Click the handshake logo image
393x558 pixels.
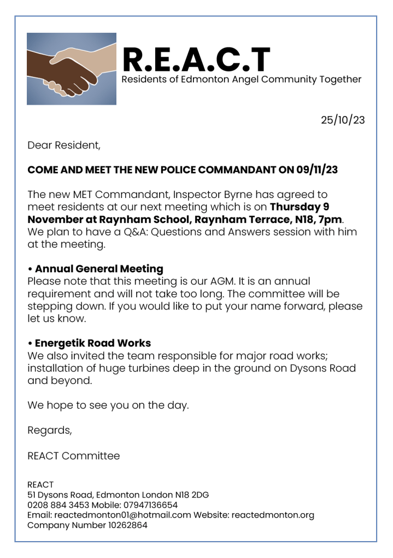pyautogui.click(x=72, y=69)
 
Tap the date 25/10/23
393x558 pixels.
pyautogui.click(x=342, y=120)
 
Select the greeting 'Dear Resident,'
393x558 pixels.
pyautogui.click(x=64, y=146)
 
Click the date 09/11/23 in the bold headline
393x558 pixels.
pyautogui.click(x=317, y=170)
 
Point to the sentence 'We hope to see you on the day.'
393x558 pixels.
pyautogui.click(x=108, y=405)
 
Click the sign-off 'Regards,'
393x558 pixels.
pyautogui.click(x=50, y=430)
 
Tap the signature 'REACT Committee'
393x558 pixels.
pyautogui.click(x=73, y=455)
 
